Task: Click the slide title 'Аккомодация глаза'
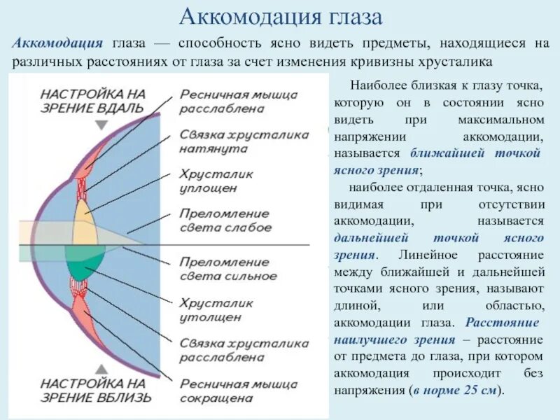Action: [x=280, y=17]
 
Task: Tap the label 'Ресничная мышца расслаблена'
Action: [x=239, y=101]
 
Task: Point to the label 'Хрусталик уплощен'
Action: [x=216, y=181]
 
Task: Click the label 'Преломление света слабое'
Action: [x=225, y=220]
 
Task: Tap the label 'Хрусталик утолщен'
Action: [x=216, y=310]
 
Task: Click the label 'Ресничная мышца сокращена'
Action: [x=239, y=391]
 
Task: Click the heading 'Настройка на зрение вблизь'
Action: [x=95, y=390]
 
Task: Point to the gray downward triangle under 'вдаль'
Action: [x=102, y=125]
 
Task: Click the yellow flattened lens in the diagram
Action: [x=84, y=220]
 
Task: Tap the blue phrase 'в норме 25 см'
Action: [x=455, y=391]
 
